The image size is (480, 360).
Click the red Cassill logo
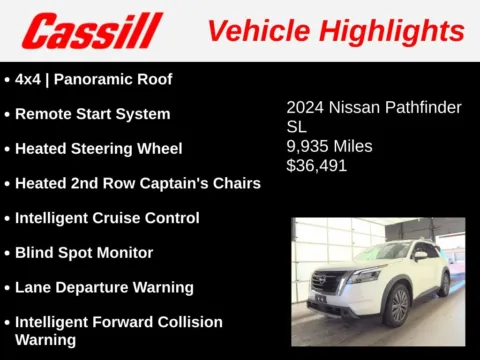click(92, 30)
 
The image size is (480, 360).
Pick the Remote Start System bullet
click(92, 114)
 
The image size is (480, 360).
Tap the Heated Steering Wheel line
click(98, 149)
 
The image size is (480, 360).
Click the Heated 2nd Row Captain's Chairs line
click(137, 183)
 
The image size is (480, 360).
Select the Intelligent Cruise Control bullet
click(107, 218)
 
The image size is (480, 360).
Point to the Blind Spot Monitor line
click(84, 253)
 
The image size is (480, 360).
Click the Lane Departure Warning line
click(104, 288)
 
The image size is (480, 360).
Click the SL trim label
click(297, 127)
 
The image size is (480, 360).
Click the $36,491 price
click(317, 165)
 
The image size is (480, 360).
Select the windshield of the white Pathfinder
click(384, 251)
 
